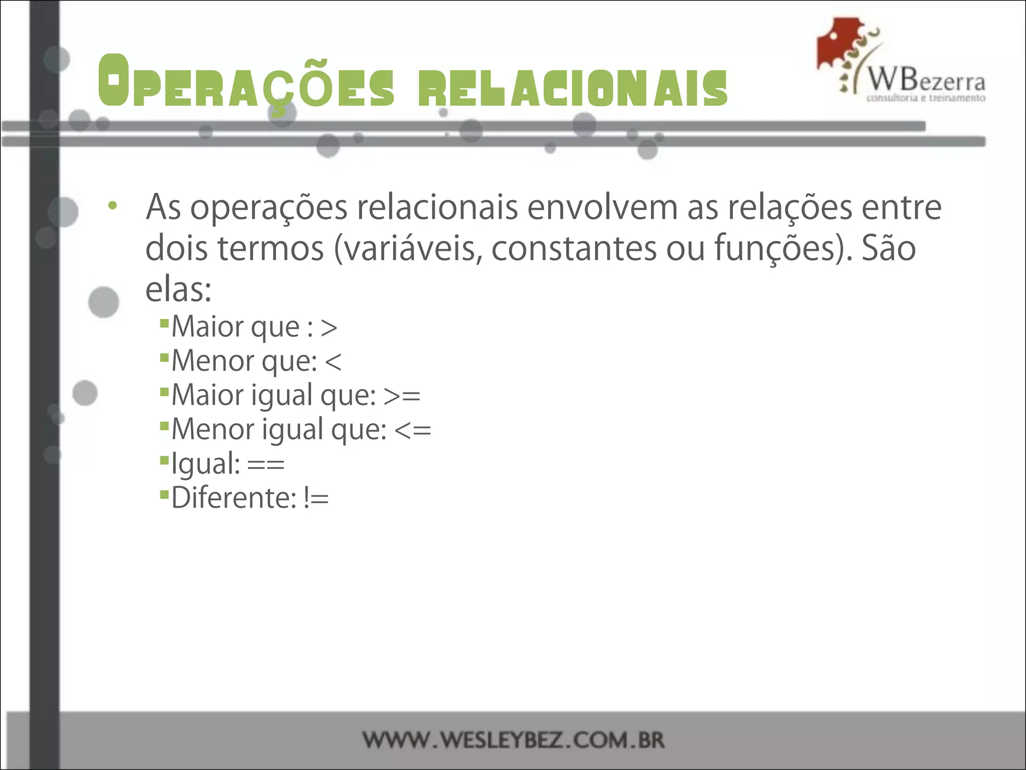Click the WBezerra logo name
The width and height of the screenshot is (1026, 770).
coord(926,80)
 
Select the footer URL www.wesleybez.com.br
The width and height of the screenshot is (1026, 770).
coord(514,740)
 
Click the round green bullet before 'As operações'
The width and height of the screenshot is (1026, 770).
coord(113,206)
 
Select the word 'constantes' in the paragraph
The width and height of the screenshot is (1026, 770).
coord(574,249)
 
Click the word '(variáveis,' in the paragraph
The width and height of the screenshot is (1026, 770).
coord(408,249)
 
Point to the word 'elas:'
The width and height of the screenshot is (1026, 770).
coord(178,290)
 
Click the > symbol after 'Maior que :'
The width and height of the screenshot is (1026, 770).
coord(329,328)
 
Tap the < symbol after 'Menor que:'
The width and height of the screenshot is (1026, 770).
coord(333,362)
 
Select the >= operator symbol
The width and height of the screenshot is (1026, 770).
coord(402,396)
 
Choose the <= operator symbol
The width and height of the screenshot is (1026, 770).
coord(413,430)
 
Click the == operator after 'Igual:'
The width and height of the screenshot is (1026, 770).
coord(266,464)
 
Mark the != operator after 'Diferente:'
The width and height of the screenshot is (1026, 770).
coord(316,498)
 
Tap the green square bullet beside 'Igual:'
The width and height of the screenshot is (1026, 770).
coord(164,459)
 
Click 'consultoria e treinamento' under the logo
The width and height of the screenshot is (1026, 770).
coord(926,98)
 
